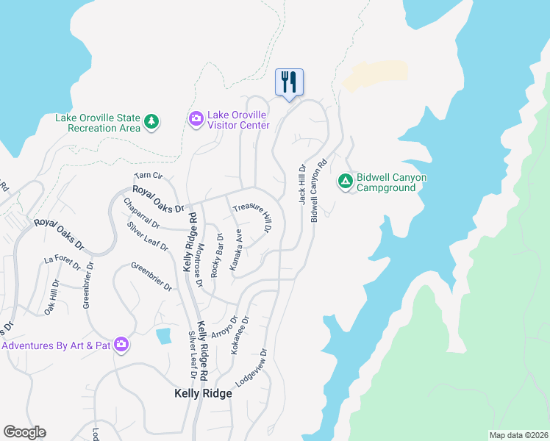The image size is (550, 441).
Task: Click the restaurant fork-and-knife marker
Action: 289,82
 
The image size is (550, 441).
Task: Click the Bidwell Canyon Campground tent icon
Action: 346,181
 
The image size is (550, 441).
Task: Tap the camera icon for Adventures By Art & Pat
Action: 121,344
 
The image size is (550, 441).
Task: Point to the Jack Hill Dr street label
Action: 301,184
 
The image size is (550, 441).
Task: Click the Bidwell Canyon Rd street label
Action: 318,192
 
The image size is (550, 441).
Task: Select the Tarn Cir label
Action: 148,176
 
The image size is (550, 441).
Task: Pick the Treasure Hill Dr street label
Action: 253,218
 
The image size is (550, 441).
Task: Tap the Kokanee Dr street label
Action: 240,336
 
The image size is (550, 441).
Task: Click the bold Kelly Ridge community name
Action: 203,393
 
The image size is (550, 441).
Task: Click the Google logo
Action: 24,432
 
